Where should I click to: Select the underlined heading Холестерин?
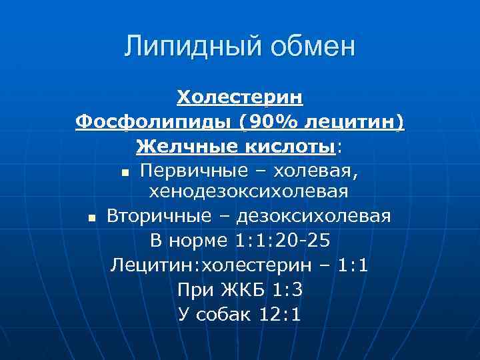click(x=240, y=98)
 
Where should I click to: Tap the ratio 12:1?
click(x=279, y=313)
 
